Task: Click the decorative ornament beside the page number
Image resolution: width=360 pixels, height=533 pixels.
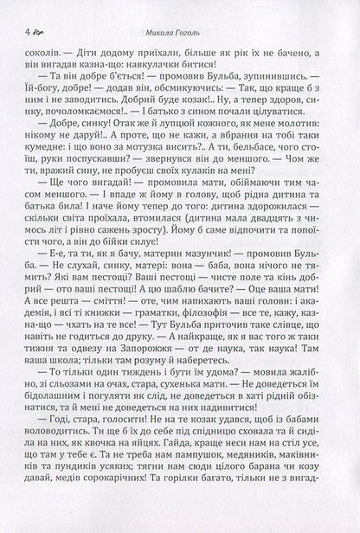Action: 31,34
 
